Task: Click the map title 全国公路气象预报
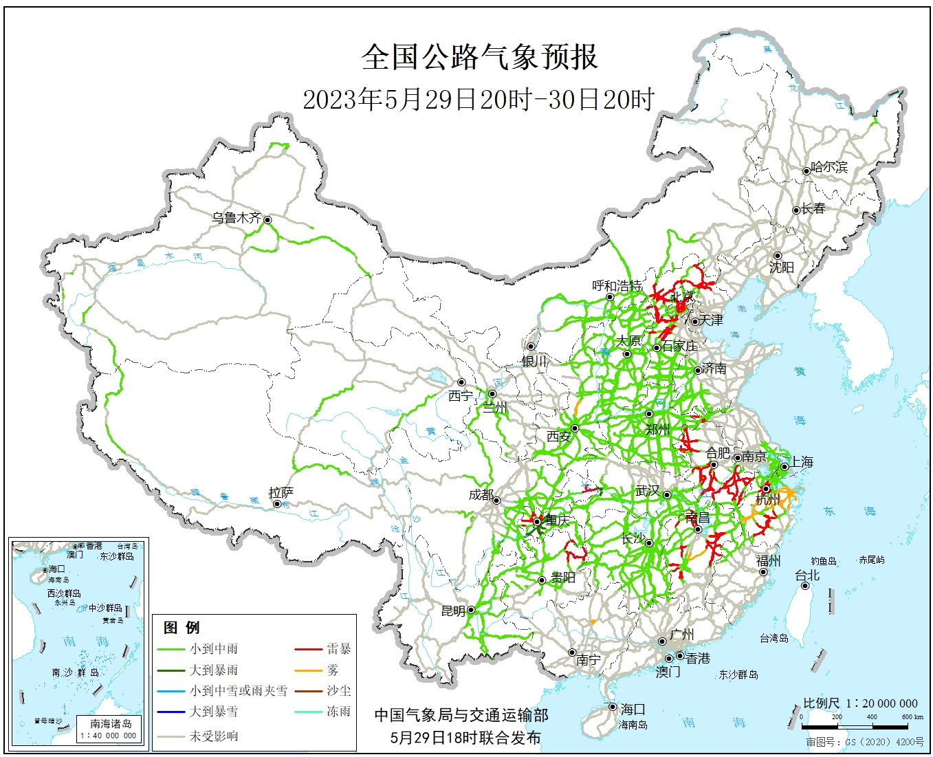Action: [x=479, y=57]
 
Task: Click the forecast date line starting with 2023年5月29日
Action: [x=479, y=100]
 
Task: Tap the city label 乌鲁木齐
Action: [x=236, y=218]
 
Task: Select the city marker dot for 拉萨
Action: [x=277, y=504]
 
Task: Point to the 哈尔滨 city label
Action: [x=829, y=167]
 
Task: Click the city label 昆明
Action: [x=453, y=611]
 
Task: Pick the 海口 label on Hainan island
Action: [x=633, y=709]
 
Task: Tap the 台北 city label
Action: [x=807, y=575]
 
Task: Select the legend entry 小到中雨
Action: [x=214, y=648]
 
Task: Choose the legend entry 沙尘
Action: [x=338, y=690]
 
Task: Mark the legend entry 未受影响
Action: [x=214, y=736]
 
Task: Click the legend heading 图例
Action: [x=182, y=627]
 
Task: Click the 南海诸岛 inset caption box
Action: [x=111, y=728]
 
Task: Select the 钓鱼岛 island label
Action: [x=823, y=561]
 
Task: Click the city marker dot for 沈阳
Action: [x=778, y=256]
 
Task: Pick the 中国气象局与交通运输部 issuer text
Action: [x=461, y=715]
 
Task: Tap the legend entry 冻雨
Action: [x=338, y=711]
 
